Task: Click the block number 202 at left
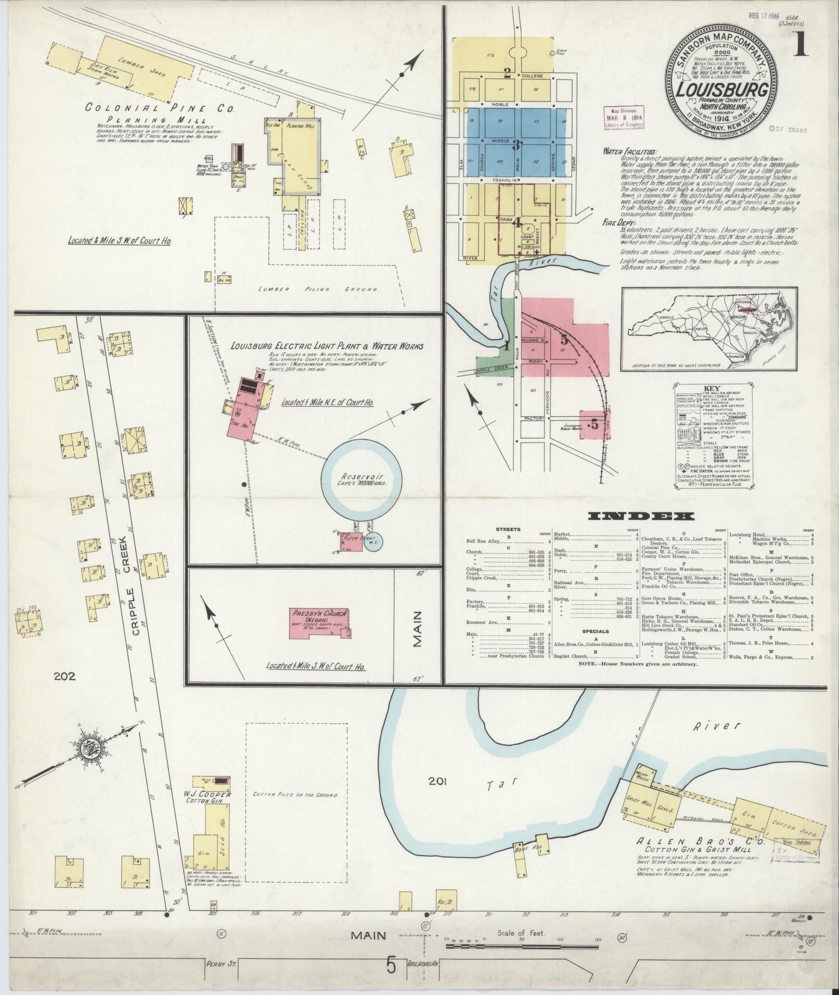click(x=64, y=677)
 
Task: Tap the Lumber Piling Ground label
click(x=319, y=289)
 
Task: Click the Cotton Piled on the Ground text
click(x=296, y=810)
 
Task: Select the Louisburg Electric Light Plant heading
click(x=327, y=346)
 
